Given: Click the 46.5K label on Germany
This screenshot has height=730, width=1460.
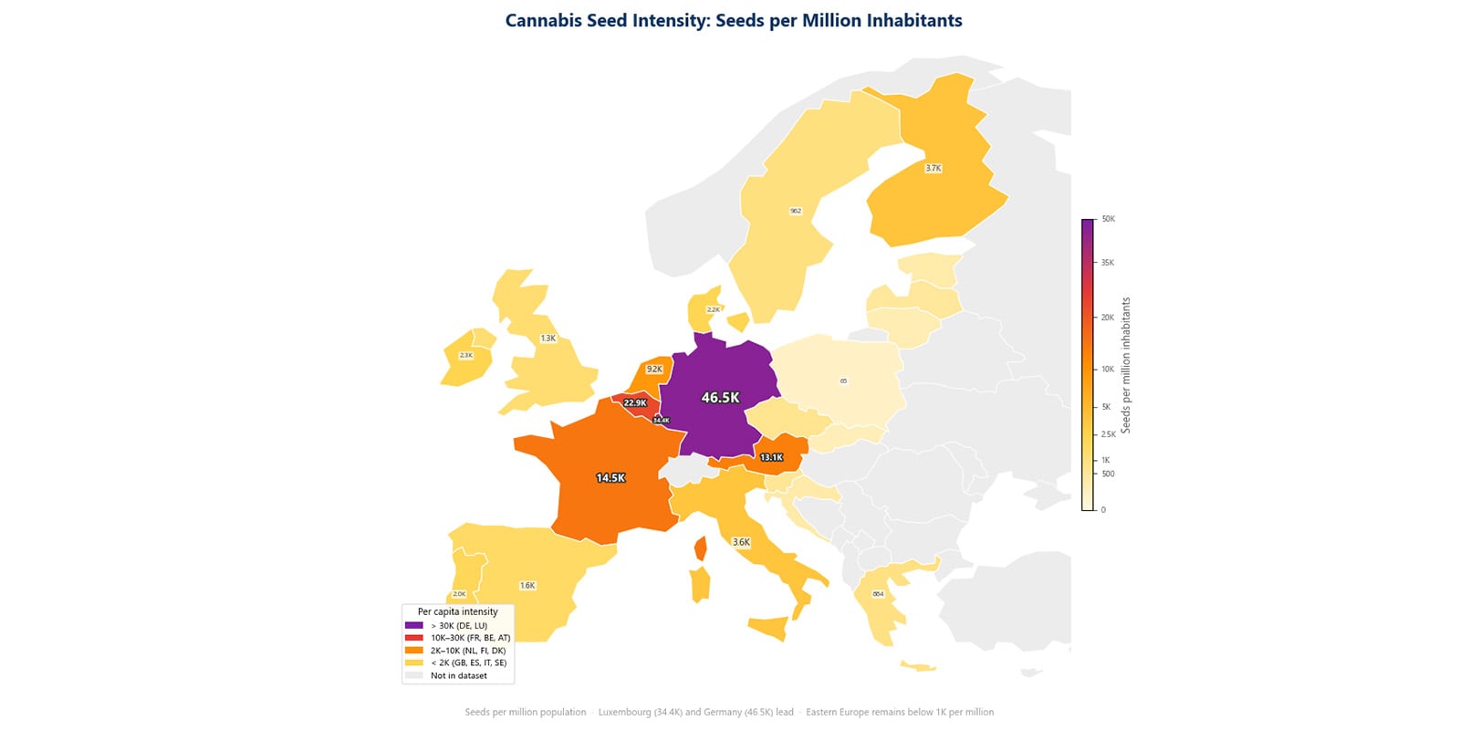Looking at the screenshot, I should pos(720,398).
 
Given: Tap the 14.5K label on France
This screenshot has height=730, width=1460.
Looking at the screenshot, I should pos(610,478).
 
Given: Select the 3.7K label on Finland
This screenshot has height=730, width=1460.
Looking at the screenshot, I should pos(933,169).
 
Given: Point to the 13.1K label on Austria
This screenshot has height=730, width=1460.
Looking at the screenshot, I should pos(771,458).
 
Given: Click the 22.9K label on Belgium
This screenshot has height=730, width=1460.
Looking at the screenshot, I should pos(635,403).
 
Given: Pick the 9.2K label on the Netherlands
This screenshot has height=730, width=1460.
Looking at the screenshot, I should pos(654,370).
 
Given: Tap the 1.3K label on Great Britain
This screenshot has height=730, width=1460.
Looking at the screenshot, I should pos(547,339).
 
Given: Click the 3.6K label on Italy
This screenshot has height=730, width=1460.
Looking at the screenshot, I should pos(741,542).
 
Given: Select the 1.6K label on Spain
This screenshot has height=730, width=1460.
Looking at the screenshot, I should pos(527,586).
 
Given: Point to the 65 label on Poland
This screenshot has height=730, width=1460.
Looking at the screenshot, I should pos(843,381).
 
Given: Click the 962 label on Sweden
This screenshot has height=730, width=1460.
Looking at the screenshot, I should pos(796,211).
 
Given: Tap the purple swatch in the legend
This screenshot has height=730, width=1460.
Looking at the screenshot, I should pos(414,626).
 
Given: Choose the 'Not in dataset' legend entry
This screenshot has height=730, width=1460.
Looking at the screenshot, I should pos(458,676).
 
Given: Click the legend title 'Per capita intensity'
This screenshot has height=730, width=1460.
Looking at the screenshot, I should pos(457,612).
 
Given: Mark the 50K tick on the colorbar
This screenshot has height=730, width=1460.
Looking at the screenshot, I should pos(1108,219).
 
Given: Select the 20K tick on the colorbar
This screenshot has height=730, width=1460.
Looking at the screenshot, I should pos(1107,318).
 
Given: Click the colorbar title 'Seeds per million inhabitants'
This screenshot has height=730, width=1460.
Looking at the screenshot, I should pos(1126,365).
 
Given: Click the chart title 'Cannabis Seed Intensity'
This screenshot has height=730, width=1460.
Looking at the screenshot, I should pos(734,20).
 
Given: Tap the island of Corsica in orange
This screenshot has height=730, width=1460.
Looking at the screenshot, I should pos(700,548).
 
